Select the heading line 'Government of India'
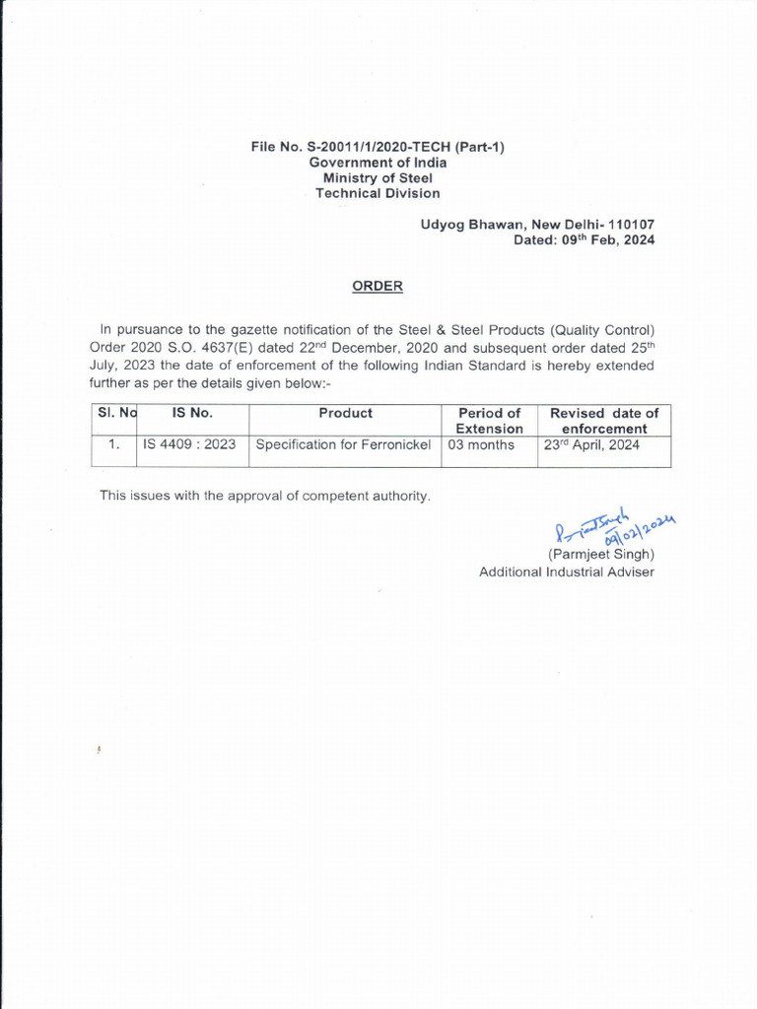click(x=378, y=163)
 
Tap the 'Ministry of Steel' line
click(x=378, y=178)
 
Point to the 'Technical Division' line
click(x=378, y=194)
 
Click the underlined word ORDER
click(x=378, y=287)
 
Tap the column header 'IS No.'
click(x=192, y=414)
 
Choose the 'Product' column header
click(x=345, y=414)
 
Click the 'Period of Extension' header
click(x=490, y=421)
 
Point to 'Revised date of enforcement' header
click(x=604, y=421)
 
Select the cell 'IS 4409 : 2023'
click(x=189, y=445)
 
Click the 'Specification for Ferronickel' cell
click(x=343, y=445)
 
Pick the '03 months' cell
click(x=481, y=445)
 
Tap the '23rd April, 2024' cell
click(x=591, y=444)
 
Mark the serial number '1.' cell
click(x=113, y=445)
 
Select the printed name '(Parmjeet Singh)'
click(x=600, y=555)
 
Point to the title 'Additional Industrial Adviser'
click(x=566, y=572)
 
